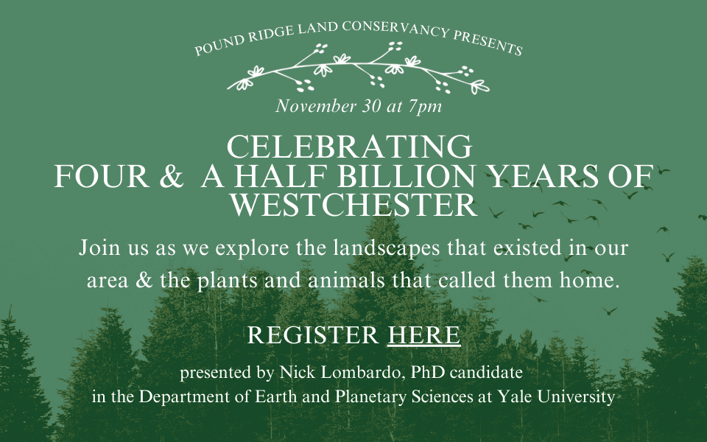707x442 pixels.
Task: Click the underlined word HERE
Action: coord(424,335)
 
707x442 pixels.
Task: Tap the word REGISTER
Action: coord(313,335)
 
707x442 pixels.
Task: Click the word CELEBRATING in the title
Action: coord(349,147)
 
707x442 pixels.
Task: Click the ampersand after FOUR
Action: coord(172,176)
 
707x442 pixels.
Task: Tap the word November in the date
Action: coord(316,106)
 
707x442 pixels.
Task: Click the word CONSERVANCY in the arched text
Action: coord(395,29)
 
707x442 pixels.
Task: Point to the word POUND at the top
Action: coord(220,45)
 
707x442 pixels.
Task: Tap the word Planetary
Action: coord(371,397)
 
